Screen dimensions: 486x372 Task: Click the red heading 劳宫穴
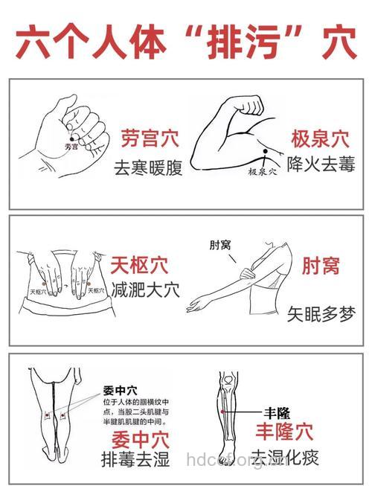(147, 138)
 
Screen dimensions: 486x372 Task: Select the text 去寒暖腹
(147, 167)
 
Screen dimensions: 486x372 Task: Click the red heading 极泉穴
(320, 138)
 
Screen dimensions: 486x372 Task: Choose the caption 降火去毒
(321, 164)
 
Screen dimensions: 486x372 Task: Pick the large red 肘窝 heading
(321, 266)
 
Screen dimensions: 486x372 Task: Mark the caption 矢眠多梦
(321, 316)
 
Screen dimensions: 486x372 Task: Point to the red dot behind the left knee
(48, 414)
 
